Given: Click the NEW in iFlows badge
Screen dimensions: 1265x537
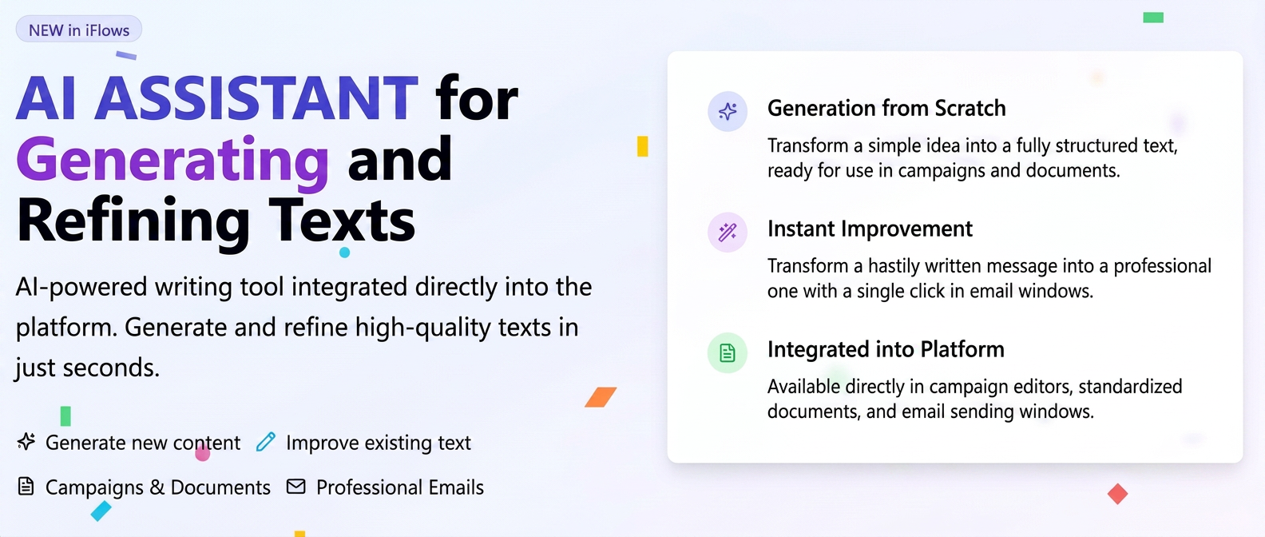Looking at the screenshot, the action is (78, 30).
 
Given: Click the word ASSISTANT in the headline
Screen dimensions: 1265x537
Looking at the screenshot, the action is (256, 98).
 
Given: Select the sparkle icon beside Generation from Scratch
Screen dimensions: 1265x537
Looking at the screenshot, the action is (728, 111).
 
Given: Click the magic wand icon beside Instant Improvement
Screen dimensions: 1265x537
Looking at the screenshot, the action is (728, 232).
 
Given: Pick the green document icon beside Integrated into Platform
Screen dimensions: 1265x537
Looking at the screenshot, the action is (728, 352).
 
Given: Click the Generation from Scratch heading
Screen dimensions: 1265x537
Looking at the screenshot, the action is (886, 108).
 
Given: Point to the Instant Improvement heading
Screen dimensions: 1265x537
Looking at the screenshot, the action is (870, 229).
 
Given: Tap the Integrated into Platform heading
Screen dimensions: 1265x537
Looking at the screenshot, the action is (886, 349).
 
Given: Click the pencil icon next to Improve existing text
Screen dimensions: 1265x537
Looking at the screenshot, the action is (265, 441).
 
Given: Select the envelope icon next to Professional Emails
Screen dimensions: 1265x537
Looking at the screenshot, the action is (296, 486).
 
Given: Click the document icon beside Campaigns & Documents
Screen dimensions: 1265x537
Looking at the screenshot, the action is (26, 486).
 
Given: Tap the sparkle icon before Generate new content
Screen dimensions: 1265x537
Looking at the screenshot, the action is (26, 441).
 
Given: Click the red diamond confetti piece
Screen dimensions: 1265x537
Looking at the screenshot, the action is (1117, 494).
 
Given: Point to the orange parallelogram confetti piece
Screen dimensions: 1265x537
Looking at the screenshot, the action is (601, 397).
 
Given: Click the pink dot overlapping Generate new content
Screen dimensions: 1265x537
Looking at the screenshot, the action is (202, 453).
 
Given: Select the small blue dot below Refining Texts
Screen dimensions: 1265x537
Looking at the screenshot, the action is (344, 253).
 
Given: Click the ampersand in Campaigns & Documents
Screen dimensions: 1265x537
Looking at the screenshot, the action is (157, 487).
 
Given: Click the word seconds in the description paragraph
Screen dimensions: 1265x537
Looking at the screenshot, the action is (111, 368).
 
